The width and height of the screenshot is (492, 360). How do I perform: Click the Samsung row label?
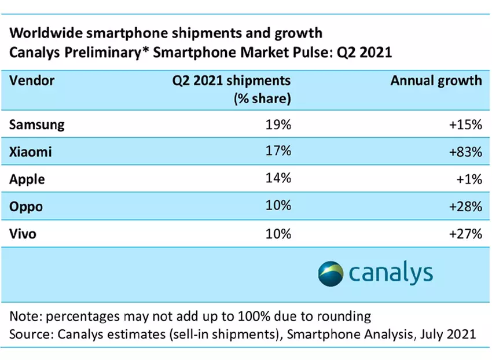37,124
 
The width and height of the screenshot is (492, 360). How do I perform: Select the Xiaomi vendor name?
31,152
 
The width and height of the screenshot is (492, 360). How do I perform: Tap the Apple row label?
27,179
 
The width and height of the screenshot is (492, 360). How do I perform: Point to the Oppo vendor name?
26,207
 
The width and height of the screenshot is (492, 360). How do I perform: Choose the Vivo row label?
24,234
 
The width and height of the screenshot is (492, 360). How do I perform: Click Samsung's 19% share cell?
278,124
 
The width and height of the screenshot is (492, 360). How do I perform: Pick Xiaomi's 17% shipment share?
278,152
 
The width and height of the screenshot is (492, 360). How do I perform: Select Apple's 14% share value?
278,179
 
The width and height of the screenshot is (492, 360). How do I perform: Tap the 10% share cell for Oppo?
278,207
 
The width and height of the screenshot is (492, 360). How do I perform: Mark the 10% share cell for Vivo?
278,234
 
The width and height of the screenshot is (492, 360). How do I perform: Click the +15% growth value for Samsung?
465,124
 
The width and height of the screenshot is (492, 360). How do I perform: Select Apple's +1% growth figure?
469,179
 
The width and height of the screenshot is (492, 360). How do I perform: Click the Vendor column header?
32,81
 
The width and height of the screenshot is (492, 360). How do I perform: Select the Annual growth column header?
436,81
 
